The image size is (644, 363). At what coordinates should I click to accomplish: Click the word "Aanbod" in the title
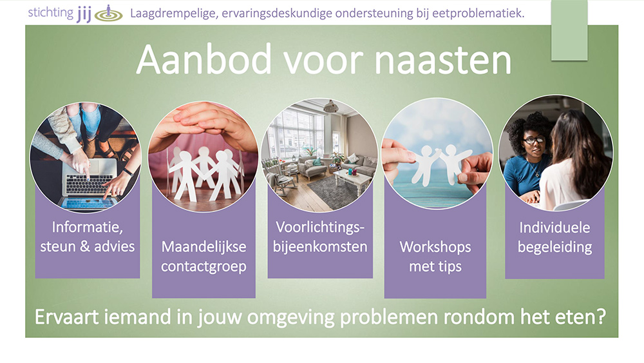[x=204, y=59]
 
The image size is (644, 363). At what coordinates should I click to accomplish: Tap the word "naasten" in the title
[x=443, y=61]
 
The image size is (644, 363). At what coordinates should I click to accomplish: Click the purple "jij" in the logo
[x=84, y=14]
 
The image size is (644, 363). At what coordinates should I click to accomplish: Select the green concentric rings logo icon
[x=108, y=14]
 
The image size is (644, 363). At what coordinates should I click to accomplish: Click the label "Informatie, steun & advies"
[x=88, y=237]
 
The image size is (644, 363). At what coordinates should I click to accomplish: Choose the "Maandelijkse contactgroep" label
[x=204, y=257]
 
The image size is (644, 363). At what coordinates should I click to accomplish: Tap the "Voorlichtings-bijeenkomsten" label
[x=320, y=237]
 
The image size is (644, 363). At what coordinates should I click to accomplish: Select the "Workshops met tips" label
[x=435, y=257]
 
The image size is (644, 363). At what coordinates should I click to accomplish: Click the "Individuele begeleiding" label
[x=555, y=237]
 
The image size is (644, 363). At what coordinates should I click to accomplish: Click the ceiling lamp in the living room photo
[x=330, y=106]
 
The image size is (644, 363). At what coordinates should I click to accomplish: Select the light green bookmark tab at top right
[x=569, y=30]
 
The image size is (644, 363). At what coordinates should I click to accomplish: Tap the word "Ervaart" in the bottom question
[x=62, y=317]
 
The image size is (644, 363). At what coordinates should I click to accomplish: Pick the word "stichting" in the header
[x=50, y=13]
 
